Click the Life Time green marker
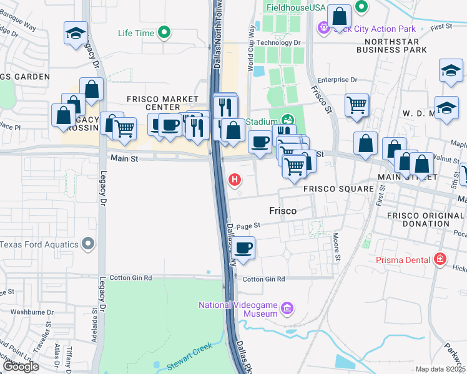(x=165, y=32)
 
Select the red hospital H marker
(x=235, y=180)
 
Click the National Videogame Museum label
(x=238, y=309)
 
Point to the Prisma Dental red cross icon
(x=440, y=259)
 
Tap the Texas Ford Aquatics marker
(x=89, y=244)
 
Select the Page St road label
(x=248, y=227)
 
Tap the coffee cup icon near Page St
(x=244, y=247)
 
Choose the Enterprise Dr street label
(x=337, y=80)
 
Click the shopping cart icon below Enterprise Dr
(x=356, y=105)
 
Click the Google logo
(x=20, y=367)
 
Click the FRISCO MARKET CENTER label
(x=162, y=103)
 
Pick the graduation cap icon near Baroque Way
(x=76, y=33)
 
